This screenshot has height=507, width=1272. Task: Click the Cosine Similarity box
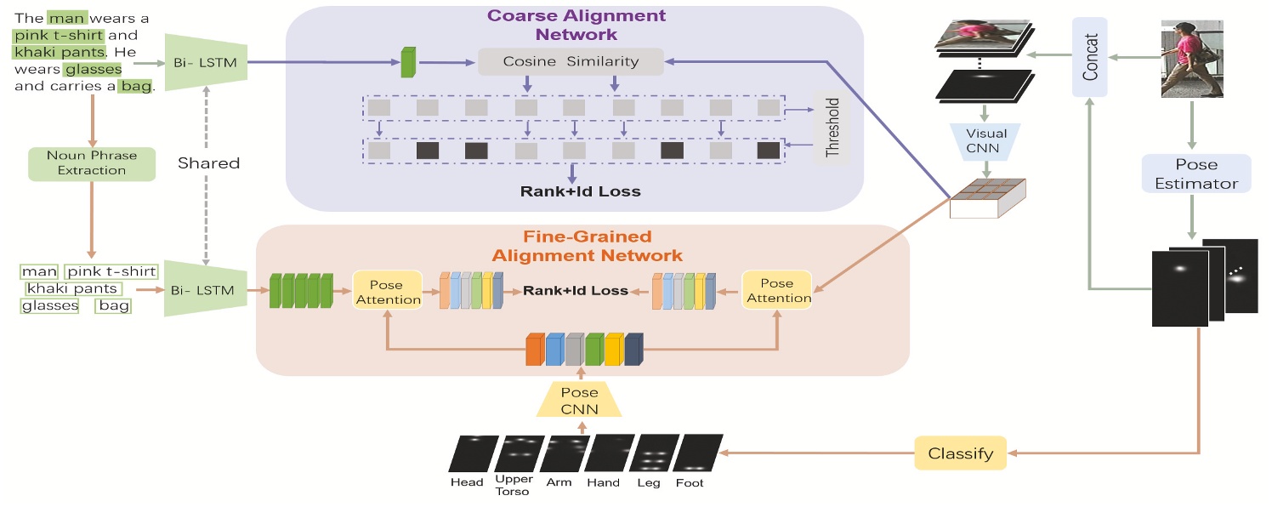tap(570, 61)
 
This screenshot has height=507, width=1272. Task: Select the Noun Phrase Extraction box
tap(92, 163)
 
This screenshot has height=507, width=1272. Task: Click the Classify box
tap(960, 453)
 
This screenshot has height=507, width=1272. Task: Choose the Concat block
tap(1090, 57)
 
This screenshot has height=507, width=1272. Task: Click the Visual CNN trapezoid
tap(985, 140)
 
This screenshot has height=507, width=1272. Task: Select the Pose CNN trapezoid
tap(578, 401)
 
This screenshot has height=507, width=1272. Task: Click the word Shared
tap(208, 162)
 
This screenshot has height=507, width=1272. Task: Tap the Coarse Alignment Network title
tap(576, 25)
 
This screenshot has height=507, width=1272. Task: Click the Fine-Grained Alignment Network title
tap(587, 246)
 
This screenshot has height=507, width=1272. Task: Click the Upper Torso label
tap(514, 485)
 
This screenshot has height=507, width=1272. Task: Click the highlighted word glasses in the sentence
tap(93, 70)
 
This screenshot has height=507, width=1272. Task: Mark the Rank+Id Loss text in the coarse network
tap(580, 191)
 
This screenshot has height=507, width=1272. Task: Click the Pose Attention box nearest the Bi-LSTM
tap(388, 291)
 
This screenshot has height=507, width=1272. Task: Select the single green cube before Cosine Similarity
tap(409, 62)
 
